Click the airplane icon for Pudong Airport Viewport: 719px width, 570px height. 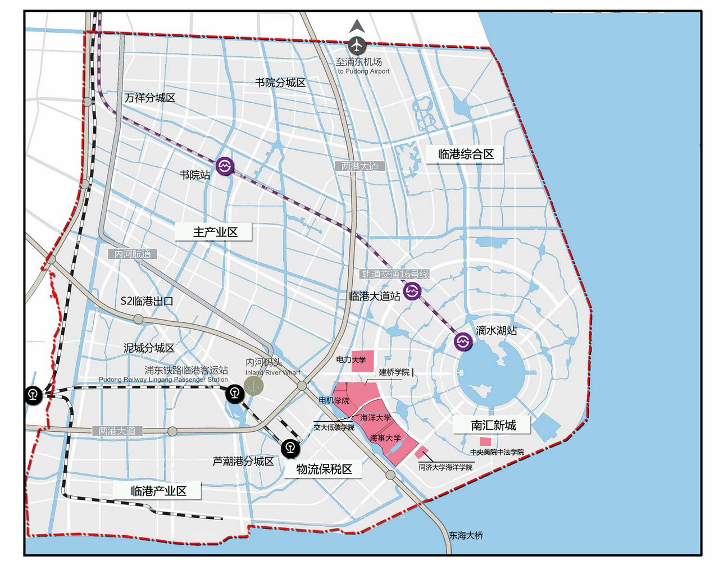tap(357, 45)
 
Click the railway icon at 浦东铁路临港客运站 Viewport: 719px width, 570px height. tap(234, 394)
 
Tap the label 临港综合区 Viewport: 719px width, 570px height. tap(466, 154)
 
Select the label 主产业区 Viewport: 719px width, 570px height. tap(215, 232)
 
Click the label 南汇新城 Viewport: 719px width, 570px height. tap(493, 425)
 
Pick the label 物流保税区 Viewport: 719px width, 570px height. tap(324, 469)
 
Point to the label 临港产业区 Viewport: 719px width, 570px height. tap(158, 490)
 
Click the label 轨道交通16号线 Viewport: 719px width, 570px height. tap(395, 275)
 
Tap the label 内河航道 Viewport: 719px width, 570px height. tap(133, 254)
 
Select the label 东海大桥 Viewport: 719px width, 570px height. tap(466, 535)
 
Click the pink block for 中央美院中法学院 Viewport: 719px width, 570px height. tap(485, 442)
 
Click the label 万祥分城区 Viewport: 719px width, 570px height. tap(150, 98)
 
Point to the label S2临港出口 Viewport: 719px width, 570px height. tap(147, 301)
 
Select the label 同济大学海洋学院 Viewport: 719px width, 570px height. tap(445, 467)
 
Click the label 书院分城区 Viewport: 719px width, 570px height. tap(280, 83)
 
